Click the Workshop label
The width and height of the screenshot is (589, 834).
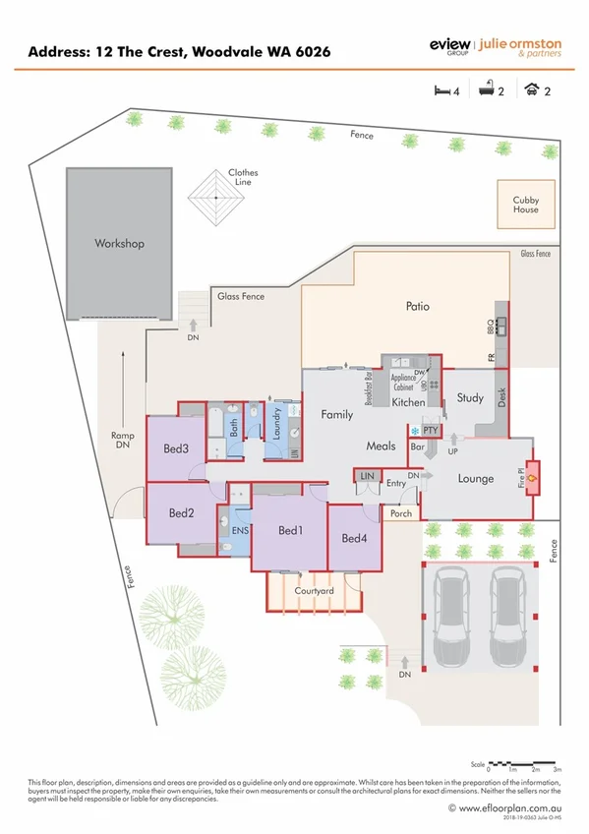[119, 243]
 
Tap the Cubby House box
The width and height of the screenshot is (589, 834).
[525, 205]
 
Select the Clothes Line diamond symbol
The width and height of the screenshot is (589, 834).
[215, 199]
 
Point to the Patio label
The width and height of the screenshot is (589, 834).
[418, 306]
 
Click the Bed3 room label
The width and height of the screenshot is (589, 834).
[176, 449]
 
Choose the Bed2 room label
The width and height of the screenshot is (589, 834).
[181, 512]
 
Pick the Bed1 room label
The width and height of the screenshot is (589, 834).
[289, 531]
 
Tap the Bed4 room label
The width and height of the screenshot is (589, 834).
[354, 538]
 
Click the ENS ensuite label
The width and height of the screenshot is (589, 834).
[239, 531]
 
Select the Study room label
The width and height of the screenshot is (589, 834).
[470, 398]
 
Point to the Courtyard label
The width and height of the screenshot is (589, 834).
[315, 591]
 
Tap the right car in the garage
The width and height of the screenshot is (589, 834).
[508, 610]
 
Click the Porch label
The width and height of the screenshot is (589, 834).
[401, 512]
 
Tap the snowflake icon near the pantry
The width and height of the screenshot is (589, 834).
[414, 431]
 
